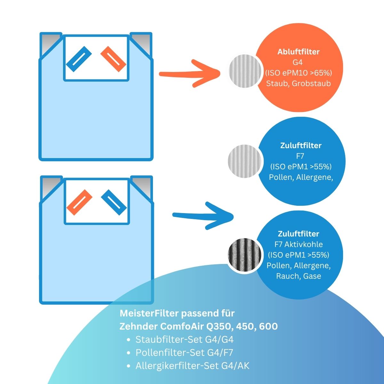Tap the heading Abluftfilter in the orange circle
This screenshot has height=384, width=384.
(298, 52)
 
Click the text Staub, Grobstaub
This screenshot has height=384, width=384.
(298, 83)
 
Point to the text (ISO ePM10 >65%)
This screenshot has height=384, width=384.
(298, 73)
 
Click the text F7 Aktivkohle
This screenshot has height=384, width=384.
(298, 244)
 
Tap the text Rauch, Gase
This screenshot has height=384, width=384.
(298, 276)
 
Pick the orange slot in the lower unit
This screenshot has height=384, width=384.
(79, 202)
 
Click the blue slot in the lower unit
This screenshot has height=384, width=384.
(114, 202)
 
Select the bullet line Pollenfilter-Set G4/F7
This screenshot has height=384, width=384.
(184, 353)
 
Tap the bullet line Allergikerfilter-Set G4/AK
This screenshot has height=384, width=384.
(192, 366)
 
